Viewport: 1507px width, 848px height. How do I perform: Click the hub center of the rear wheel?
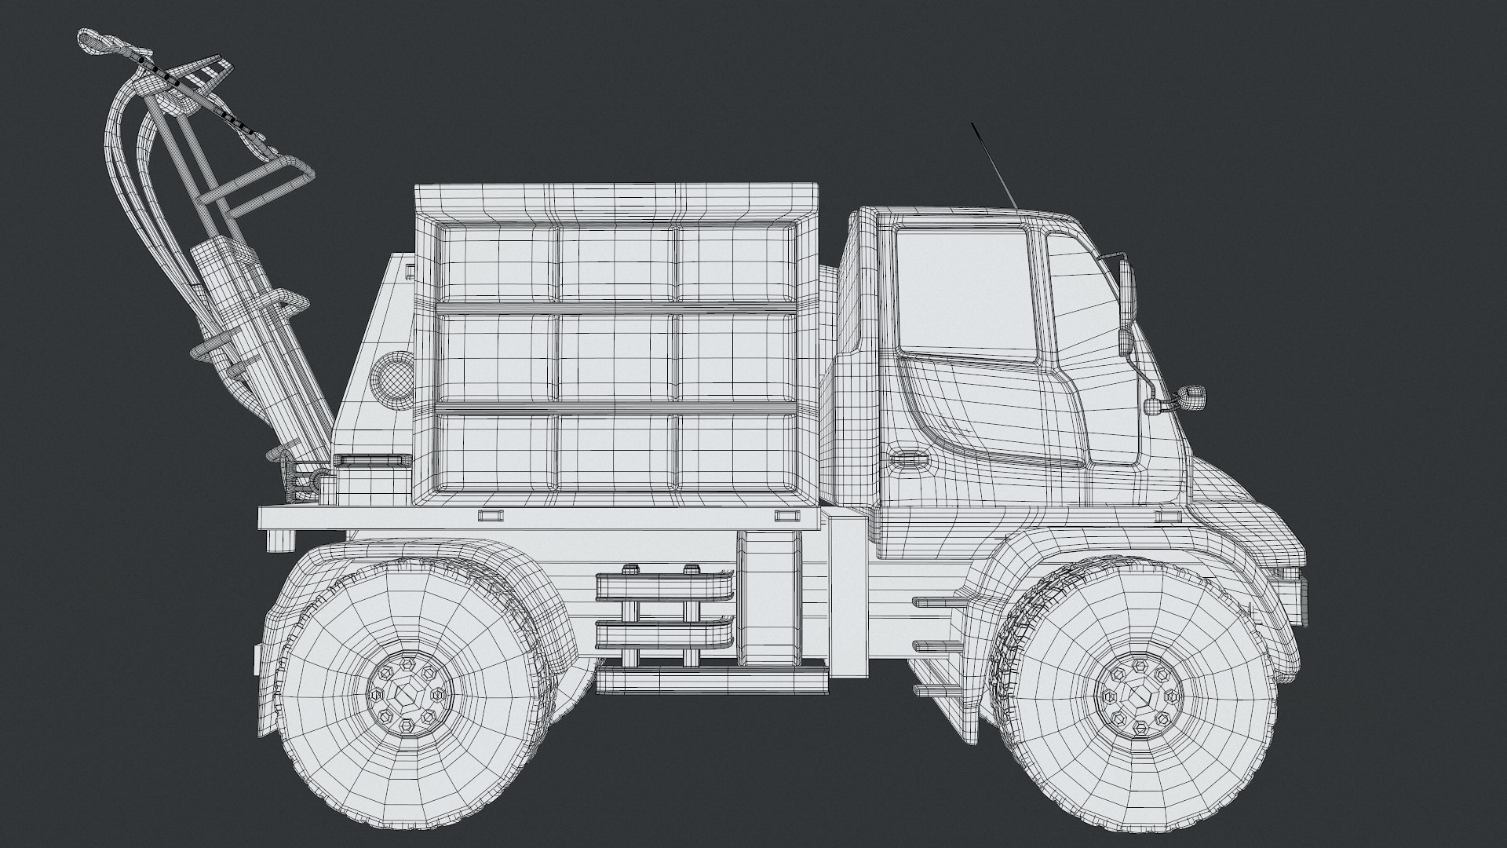[407, 693]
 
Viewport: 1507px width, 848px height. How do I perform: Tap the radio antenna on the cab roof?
[994, 165]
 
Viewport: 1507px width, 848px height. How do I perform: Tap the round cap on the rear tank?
[391, 377]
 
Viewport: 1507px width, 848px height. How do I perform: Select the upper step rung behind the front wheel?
[942, 603]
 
